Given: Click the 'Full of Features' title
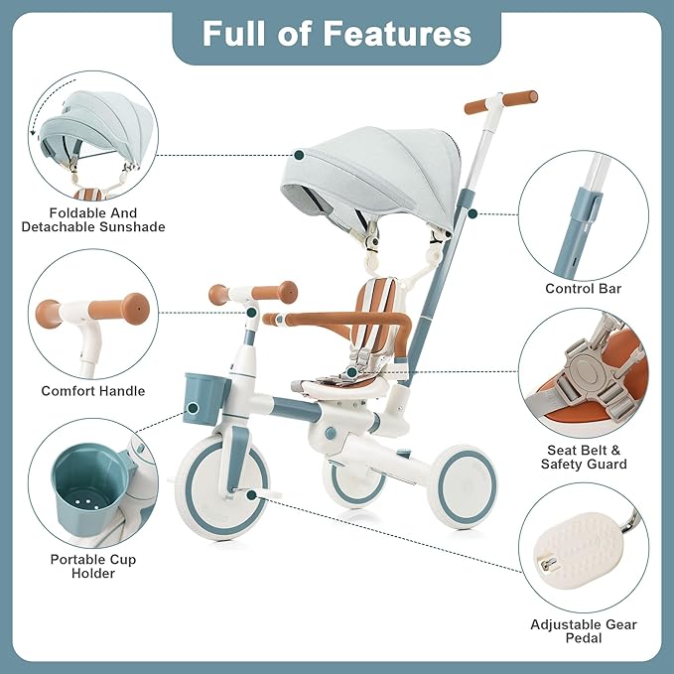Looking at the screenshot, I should [337, 34].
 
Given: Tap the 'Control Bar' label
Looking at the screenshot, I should [583, 289].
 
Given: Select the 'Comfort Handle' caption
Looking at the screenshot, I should [92, 391].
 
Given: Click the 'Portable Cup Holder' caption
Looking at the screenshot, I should [92, 566].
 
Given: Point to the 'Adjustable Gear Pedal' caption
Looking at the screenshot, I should [583, 631].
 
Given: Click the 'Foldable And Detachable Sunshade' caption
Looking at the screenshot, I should [93, 219].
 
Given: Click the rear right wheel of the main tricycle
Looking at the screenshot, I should [467, 487].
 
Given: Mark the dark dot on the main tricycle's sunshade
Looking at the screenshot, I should [299, 155].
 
